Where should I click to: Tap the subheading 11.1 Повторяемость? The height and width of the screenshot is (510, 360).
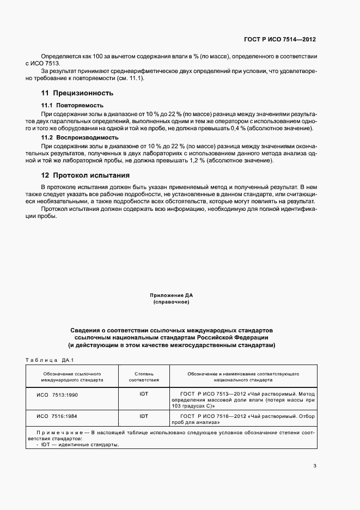coord(72,105)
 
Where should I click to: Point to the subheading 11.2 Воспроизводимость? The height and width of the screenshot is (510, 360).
coord(80,138)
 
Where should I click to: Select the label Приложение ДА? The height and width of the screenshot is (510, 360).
coord(172,295)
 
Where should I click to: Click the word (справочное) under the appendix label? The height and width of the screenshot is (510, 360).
coord(172,302)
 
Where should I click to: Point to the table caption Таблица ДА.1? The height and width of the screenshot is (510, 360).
coord(50,360)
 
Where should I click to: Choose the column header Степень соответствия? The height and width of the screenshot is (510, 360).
coord(144,377)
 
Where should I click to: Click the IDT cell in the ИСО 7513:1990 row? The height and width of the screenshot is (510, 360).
coord(144,393)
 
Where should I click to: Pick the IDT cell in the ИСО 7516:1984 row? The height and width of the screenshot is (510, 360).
coord(144,416)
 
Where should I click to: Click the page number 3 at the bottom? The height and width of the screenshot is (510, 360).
coord(315,465)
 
